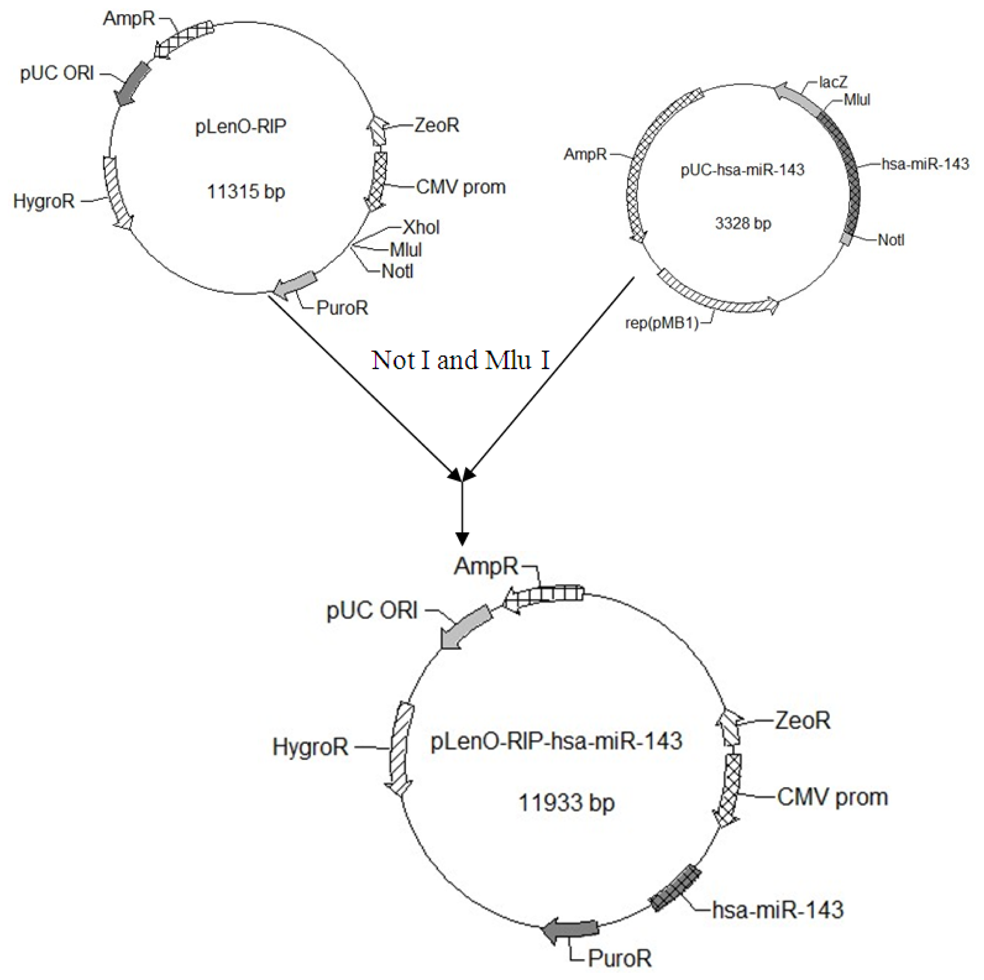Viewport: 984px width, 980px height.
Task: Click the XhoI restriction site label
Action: pyautogui.click(x=421, y=227)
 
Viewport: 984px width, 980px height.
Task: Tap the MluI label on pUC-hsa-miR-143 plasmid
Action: pyautogui.click(x=857, y=100)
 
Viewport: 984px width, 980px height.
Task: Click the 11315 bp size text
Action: pyautogui.click(x=246, y=192)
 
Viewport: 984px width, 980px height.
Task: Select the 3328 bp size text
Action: pyautogui.click(x=743, y=223)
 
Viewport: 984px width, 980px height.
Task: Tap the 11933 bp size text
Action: pyautogui.click(x=567, y=803)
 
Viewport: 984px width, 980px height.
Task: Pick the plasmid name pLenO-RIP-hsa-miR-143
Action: pyautogui.click(x=556, y=741)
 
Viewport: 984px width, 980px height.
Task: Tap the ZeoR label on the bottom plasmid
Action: pyautogui.click(x=802, y=720)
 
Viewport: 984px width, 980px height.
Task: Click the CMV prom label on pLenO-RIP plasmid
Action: pyautogui.click(x=461, y=187)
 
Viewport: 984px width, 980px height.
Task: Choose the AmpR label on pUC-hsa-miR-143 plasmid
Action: pyautogui.click(x=585, y=154)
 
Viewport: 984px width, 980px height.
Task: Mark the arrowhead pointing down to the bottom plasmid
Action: pyautogui.click(x=462, y=538)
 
